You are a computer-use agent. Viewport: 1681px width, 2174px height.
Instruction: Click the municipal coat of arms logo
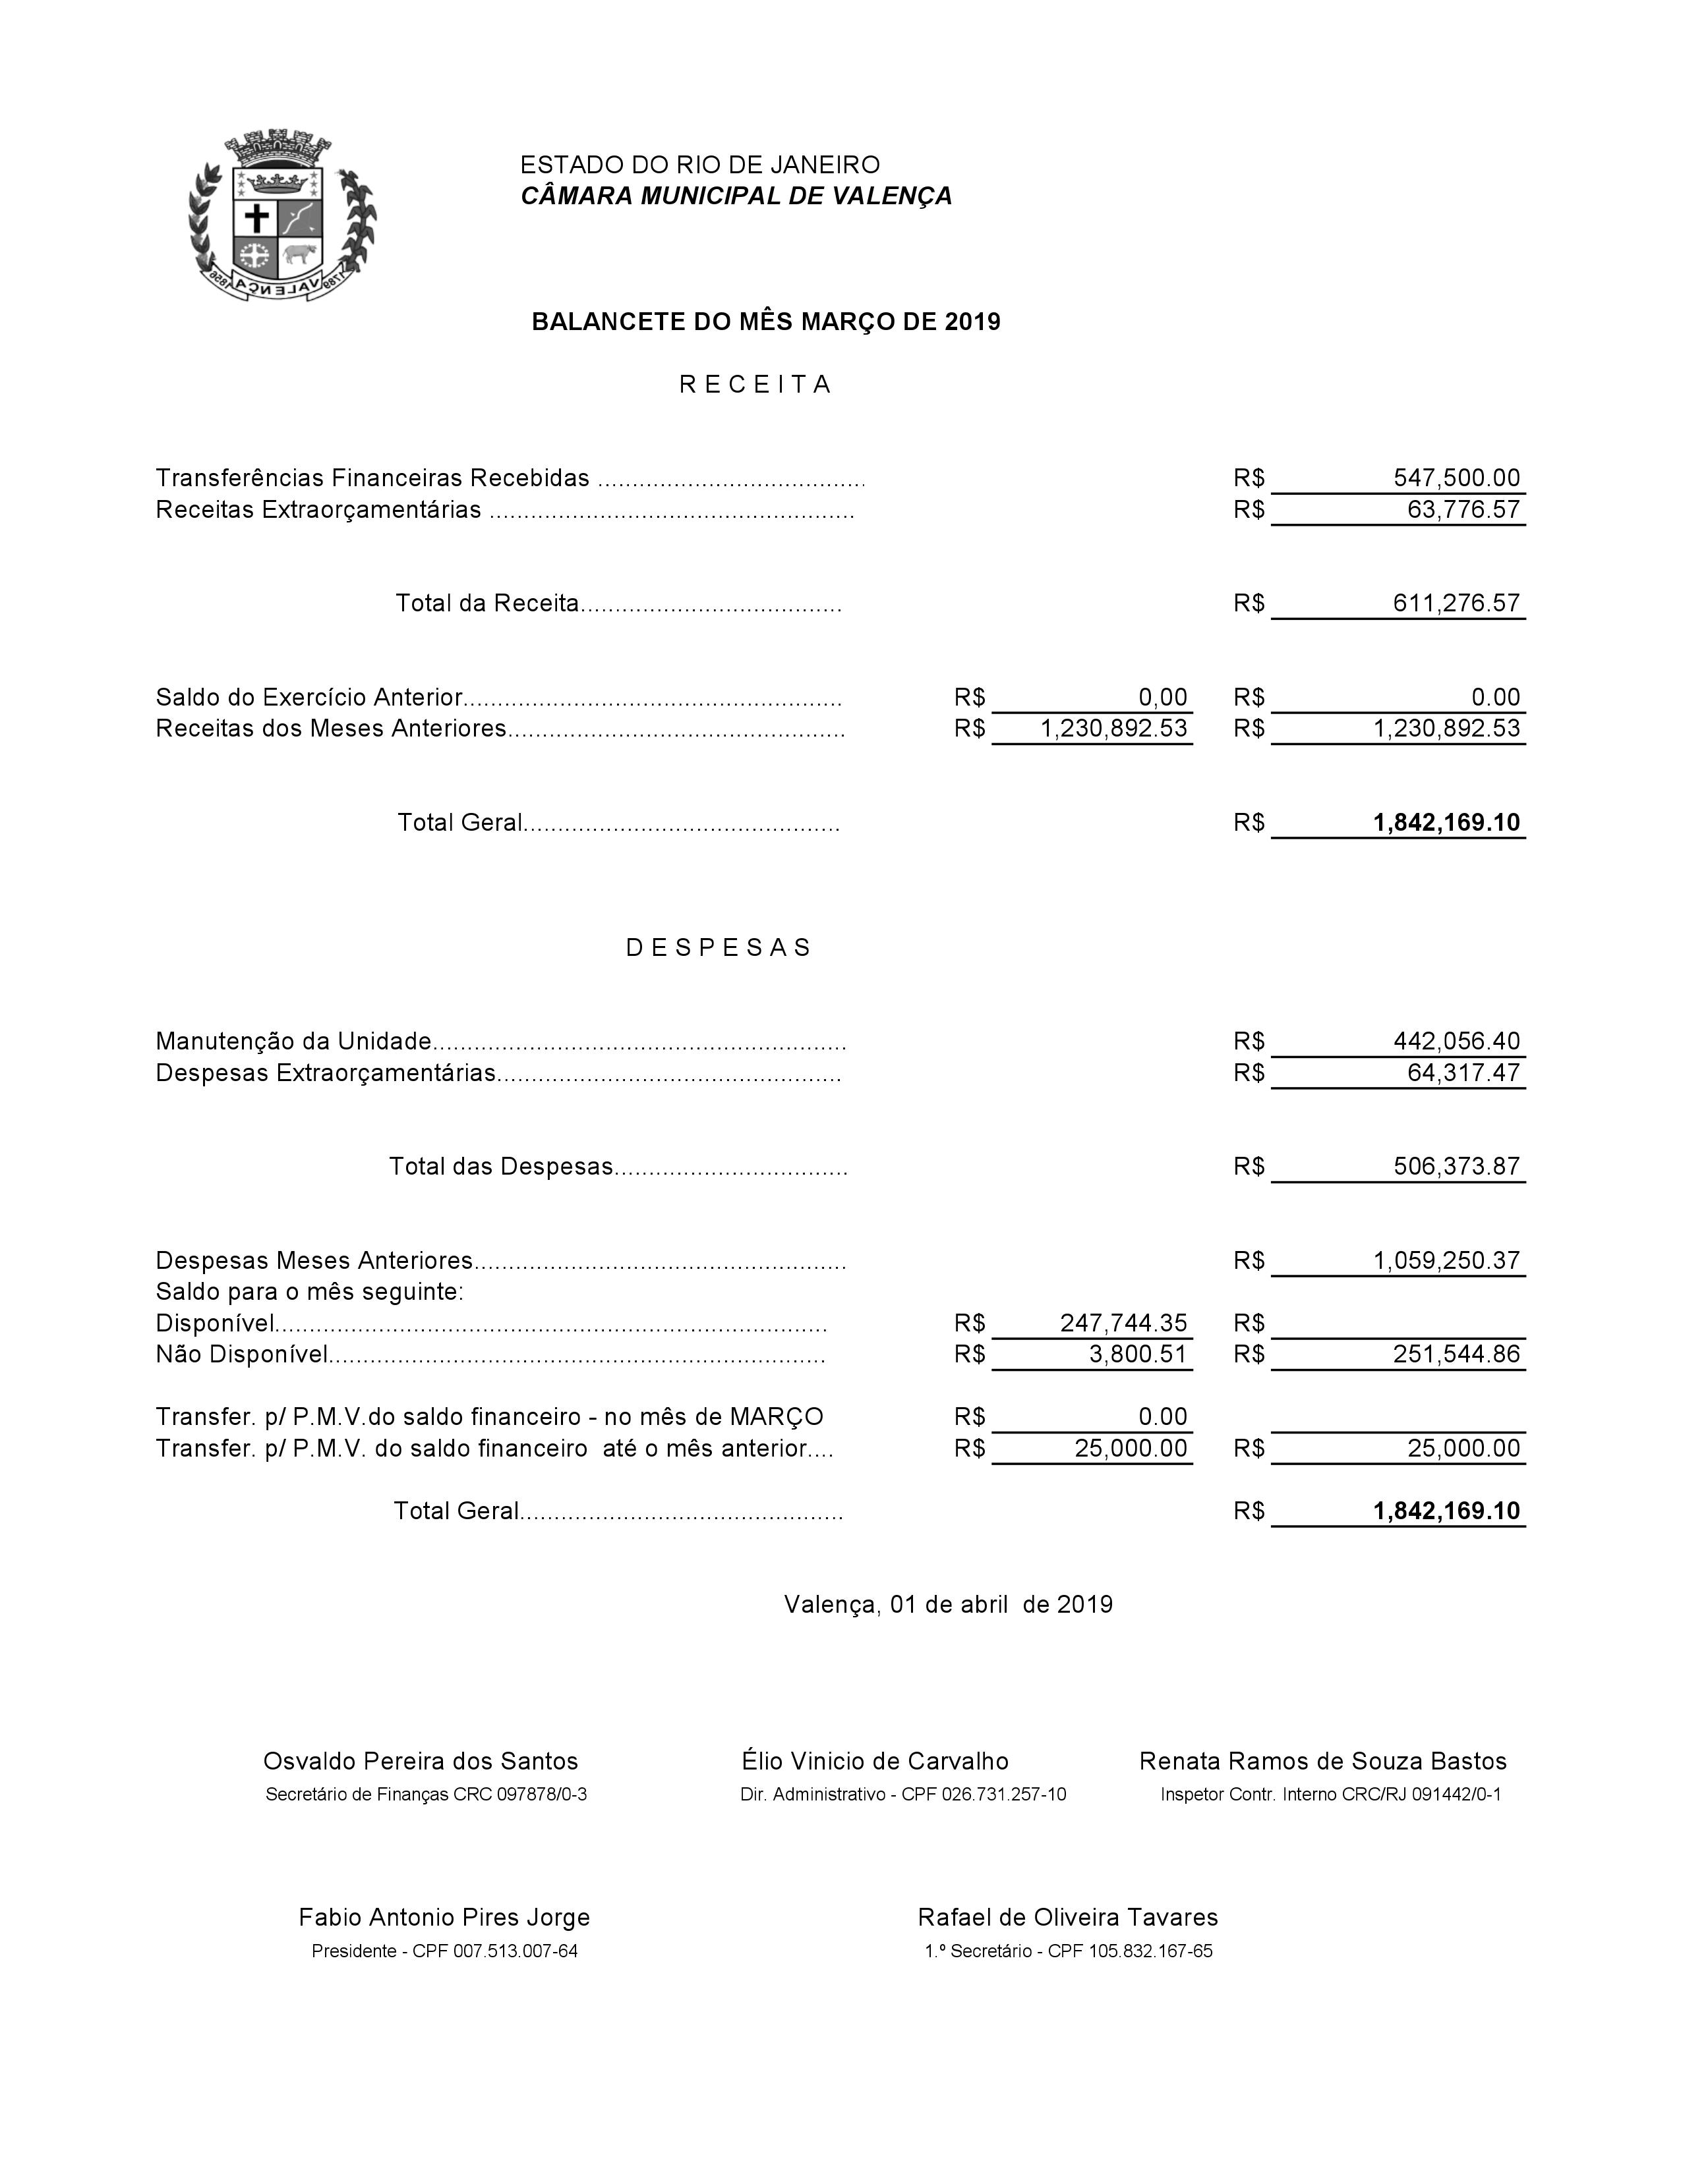click(282, 216)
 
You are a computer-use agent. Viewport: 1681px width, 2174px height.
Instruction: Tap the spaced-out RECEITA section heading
click(755, 385)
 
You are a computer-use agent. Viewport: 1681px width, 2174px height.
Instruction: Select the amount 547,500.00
click(1456, 478)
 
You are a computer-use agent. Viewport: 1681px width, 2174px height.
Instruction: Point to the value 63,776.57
click(1463, 510)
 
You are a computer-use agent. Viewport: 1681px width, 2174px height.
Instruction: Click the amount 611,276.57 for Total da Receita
click(1456, 603)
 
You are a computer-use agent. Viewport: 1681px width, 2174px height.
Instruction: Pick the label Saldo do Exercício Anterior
click(309, 697)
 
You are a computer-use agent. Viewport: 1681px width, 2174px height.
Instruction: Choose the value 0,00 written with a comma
click(1162, 697)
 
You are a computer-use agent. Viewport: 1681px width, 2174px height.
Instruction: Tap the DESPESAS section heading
click(719, 947)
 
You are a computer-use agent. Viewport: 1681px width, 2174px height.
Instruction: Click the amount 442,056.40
click(1456, 1041)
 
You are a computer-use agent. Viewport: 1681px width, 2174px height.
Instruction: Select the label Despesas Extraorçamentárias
click(326, 1073)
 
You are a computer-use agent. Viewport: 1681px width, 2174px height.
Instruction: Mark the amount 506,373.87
click(1456, 1167)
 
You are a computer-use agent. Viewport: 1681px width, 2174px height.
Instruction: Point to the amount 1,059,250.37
click(1446, 1260)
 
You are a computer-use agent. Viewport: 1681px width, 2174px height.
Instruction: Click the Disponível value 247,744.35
click(1123, 1323)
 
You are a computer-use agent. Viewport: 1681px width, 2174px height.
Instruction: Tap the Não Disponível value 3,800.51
click(1137, 1354)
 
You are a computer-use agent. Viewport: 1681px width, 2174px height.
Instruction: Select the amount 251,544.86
click(1456, 1354)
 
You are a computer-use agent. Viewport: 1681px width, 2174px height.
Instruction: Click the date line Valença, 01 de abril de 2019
click(948, 1605)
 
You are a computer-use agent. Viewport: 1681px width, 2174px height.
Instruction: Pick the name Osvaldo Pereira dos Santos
click(421, 1761)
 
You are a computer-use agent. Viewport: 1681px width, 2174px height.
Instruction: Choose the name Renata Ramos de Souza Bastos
click(1322, 1761)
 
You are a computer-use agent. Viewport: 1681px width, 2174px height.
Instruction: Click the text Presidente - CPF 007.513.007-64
click(444, 1951)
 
